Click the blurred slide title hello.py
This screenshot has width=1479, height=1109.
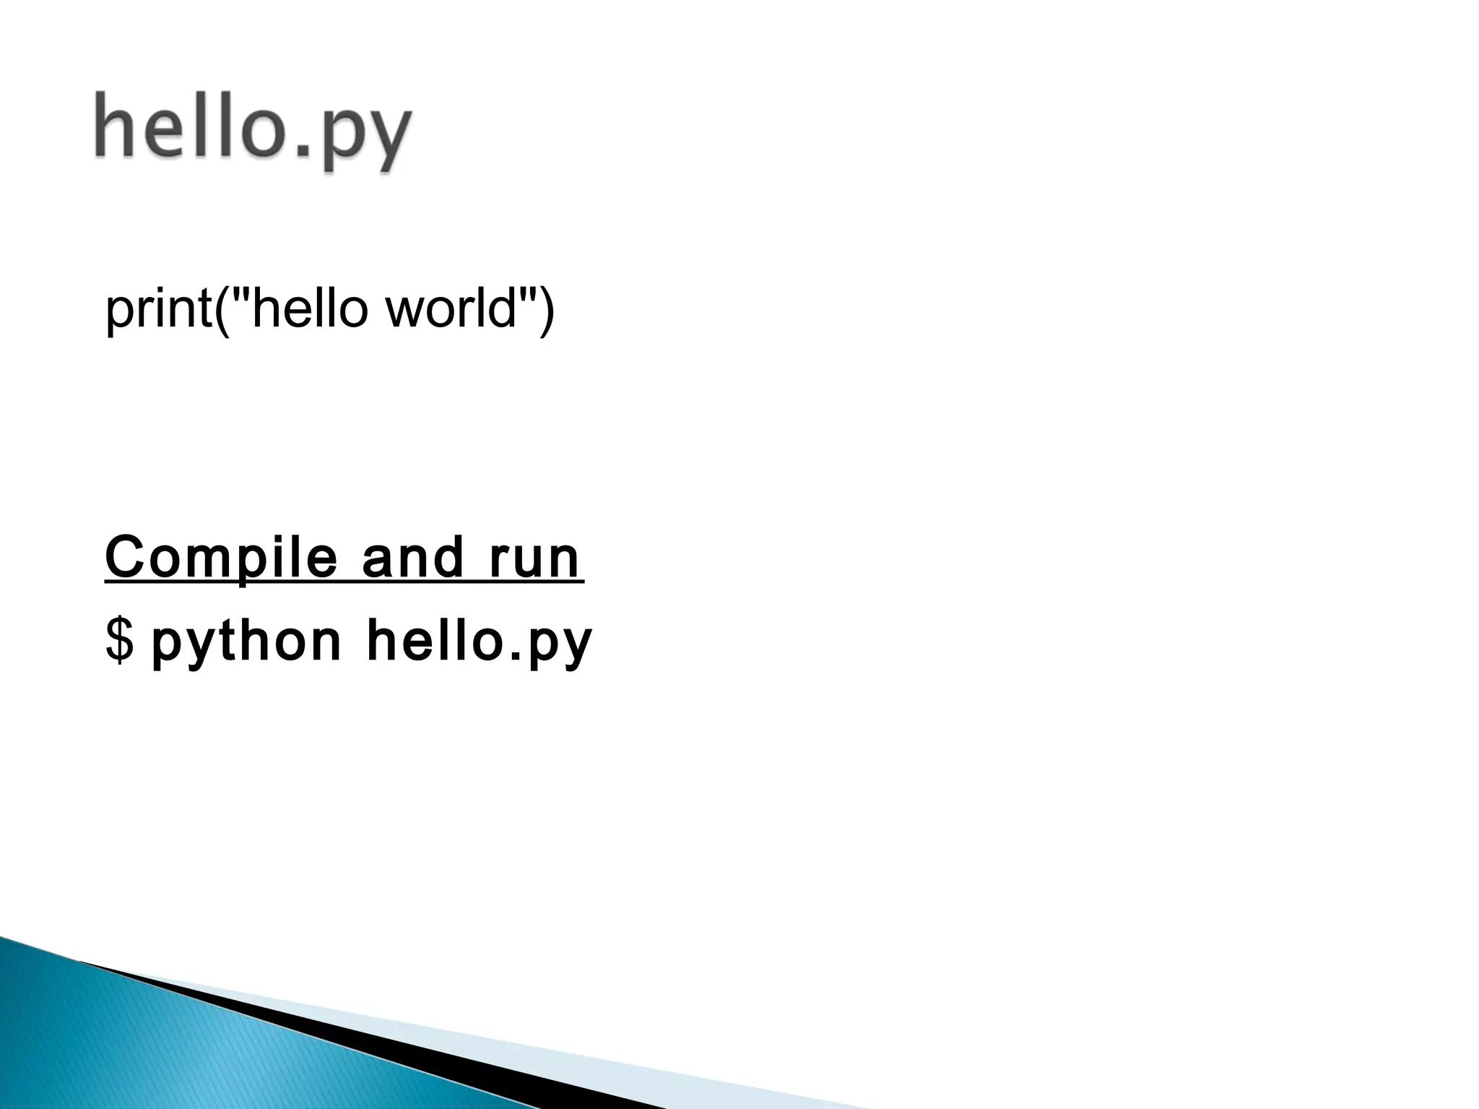pos(253,130)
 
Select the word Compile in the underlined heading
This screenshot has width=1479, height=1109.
pos(221,558)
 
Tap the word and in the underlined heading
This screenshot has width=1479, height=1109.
pos(412,558)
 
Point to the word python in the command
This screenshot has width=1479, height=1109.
pos(246,642)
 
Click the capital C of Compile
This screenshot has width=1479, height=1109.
pos(126,557)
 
